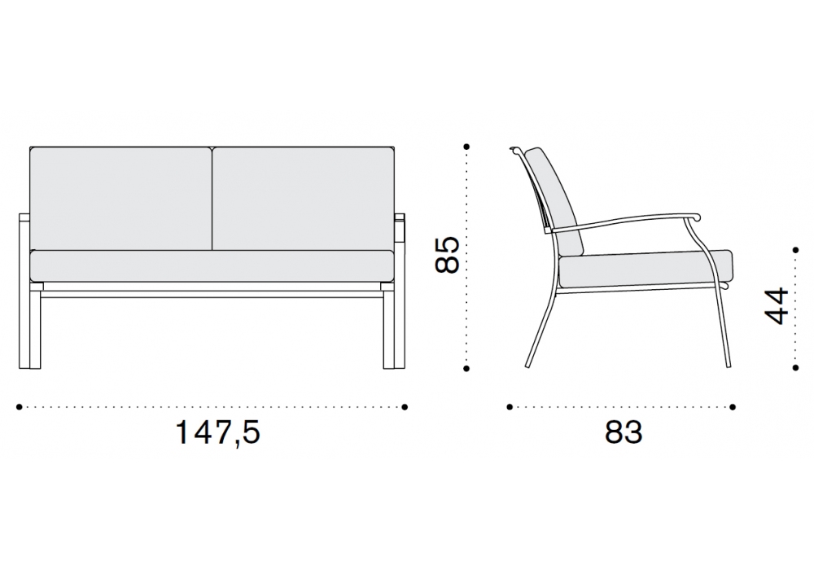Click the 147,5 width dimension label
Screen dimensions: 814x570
(x=217, y=432)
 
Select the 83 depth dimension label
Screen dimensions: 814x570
(x=624, y=432)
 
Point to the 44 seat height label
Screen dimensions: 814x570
(x=777, y=306)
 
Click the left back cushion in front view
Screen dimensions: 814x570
(x=121, y=199)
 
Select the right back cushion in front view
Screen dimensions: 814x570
(x=303, y=199)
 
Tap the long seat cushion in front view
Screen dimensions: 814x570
(x=212, y=266)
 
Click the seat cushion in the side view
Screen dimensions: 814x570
(x=646, y=271)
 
